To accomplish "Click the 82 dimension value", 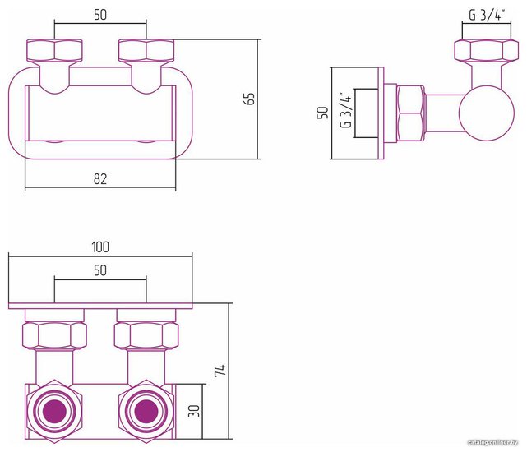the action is [x=100, y=179].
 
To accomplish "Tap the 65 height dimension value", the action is [x=251, y=99].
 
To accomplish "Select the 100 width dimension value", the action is [x=100, y=247].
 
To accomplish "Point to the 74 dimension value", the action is [x=220, y=371].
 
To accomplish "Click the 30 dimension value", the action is [x=194, y=411].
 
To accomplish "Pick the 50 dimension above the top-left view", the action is [x=100, y=15].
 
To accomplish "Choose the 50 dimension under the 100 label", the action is [x=100, y=270].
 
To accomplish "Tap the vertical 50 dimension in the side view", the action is [x=322, y=113].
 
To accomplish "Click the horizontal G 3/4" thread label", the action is [x=487, y=15].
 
